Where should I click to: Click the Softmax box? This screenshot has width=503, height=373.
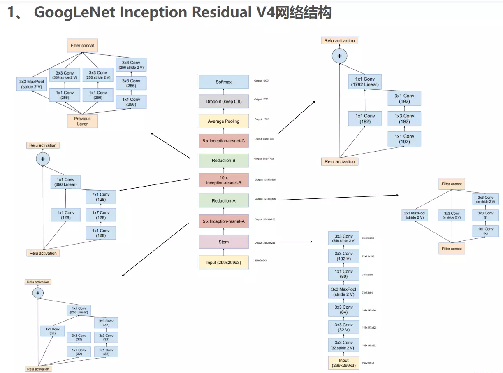(223, 82)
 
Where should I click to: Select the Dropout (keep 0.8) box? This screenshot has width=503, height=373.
(223, 101)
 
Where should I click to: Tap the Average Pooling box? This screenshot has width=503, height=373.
(223, 121)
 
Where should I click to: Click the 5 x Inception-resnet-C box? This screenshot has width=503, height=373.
(223, 141)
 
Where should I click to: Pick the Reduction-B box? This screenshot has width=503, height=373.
(223, 160)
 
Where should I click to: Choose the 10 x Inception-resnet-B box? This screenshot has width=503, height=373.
(223, 180)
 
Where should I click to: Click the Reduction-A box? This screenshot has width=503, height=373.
(223, 200)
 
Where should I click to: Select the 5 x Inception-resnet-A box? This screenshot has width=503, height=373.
(223, 221)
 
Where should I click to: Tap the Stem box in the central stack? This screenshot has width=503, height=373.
(223, 242)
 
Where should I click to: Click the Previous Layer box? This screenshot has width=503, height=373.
(82, 121)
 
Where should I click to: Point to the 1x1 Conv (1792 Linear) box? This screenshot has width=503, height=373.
(365, 82)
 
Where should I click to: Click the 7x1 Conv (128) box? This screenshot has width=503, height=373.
(101, 197)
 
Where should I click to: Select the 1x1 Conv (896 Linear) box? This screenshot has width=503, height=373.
(66, 182)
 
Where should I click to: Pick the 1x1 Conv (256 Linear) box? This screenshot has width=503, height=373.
(79, 310)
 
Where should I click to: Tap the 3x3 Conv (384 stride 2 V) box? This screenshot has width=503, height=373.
(65, 75)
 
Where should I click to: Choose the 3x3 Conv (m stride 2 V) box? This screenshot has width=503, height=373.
(485, 200)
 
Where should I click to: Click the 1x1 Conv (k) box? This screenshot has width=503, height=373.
(485, 231)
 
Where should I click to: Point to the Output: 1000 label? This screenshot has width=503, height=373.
(261, 81)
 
